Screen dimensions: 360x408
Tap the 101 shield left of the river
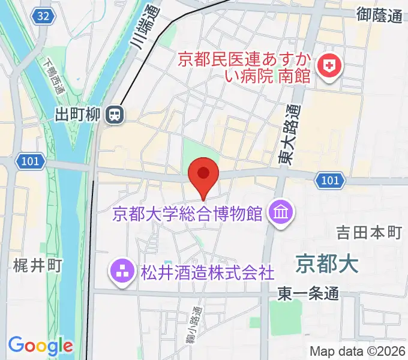tap(29, 161)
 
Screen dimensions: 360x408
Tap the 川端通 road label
tap(148, 27)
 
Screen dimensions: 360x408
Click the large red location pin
tap(203, 176)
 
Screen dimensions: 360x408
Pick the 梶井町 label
tap(37, 265)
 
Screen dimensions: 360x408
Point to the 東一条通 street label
tap(308, 294)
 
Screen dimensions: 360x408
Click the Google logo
tap(40, 346)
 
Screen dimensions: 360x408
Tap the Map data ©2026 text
tap(358, 351)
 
